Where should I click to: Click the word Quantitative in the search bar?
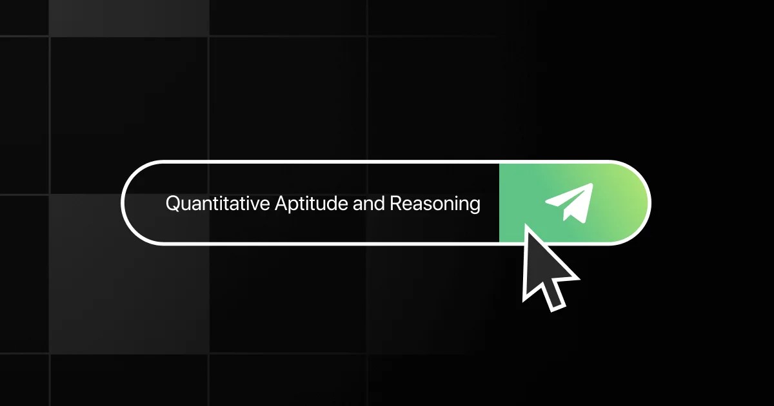click(x=218, y=204)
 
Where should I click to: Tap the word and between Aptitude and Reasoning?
click(x=368, y=204)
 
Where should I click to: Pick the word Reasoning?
click(x=435, y=204)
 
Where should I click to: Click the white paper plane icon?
click(x=569, y=202)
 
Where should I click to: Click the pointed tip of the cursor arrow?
click(x=525, y=226)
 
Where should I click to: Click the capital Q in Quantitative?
click(x=173, y=204)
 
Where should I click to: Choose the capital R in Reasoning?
click(x=395, y=204)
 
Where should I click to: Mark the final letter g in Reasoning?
click(x=475, y=206)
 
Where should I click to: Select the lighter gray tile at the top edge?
click(x=129, y=17)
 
